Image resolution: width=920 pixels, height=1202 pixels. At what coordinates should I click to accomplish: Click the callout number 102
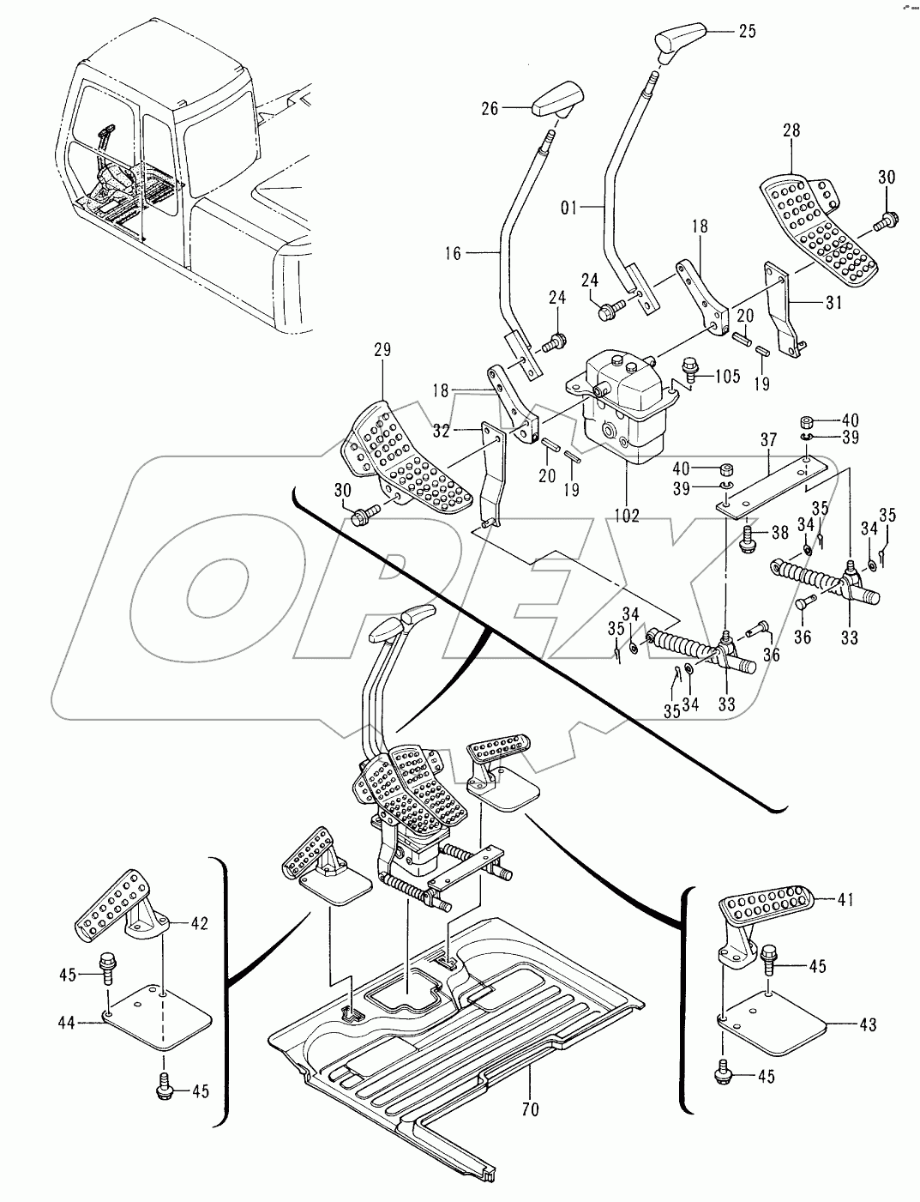627,516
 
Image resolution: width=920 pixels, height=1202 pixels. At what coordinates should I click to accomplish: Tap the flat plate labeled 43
772,1021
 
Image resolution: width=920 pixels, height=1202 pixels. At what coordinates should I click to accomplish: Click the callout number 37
768,440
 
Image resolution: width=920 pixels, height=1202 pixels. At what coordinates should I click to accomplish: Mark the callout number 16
453,253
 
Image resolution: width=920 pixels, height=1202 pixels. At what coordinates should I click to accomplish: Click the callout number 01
568,208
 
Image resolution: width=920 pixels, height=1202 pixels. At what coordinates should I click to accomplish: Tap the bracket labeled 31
784,310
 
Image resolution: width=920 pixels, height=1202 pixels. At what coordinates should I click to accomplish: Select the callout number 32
441,431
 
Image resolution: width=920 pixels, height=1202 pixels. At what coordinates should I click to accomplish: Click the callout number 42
199,922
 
